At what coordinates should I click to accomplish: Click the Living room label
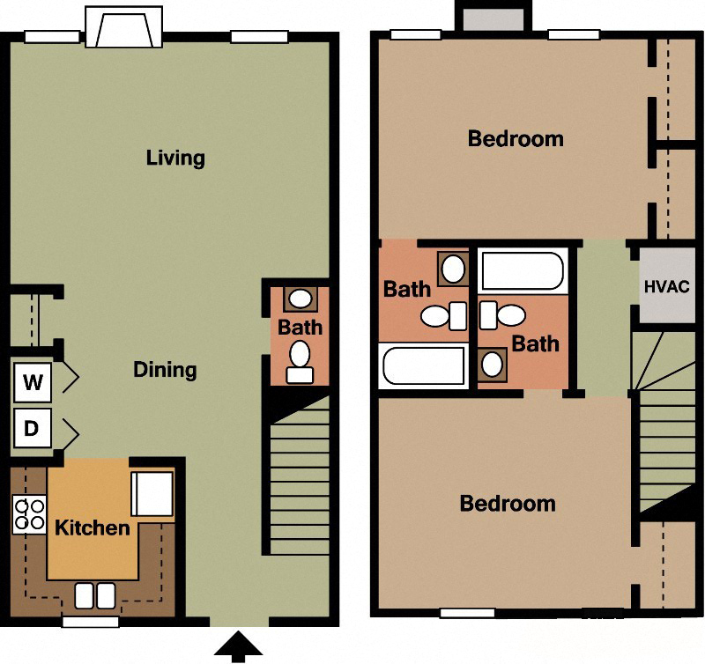pos(175,159)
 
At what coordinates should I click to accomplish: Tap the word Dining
pos(165,370)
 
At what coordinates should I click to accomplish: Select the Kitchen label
pos(93,528)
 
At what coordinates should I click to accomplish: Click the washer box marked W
pos(33,382)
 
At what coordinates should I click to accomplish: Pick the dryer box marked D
pos(33,429)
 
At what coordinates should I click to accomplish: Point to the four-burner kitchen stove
pos(29,515)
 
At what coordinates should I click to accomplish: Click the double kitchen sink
pos(94,595)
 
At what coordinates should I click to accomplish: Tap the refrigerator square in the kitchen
pos(152,494)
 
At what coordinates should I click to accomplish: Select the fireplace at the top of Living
pos(124,27)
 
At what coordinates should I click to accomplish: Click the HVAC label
pos(666,287)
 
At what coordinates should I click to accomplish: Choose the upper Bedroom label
pos(516,139)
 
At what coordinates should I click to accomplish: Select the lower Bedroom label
pos(508,504)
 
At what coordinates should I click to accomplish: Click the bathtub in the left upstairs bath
pos(422,366)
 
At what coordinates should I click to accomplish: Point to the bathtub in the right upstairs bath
pos(522,271)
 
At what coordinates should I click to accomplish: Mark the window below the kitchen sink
pos(90,622)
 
